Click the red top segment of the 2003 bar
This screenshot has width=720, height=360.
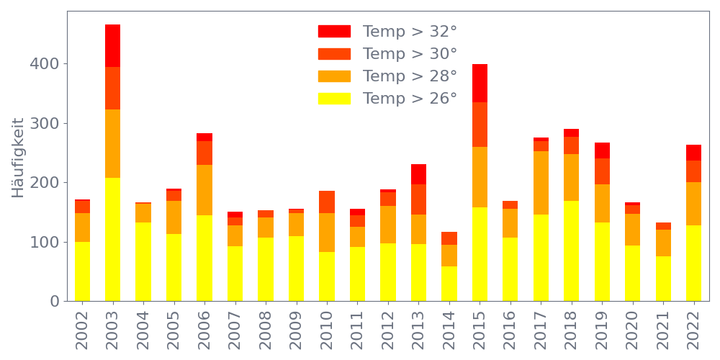pos(112,45)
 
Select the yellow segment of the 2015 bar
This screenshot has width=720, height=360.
pos(480,253)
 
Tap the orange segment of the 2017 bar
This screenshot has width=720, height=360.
pos(541,183)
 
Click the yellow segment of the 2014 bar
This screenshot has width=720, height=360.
pos(449,283)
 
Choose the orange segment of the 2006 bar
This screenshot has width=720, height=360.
pos(204,190)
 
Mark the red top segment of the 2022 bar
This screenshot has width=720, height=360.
pos(693,153)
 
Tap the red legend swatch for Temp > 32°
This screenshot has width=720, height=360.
pos(334,32)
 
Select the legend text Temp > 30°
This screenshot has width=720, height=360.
pos(410,54)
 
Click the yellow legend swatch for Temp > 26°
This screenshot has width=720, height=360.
pos(334,99)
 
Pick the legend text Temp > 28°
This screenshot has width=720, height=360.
pos(410,76)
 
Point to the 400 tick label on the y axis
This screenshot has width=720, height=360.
pos(44,64)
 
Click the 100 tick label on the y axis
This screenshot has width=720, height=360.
pos(44,242)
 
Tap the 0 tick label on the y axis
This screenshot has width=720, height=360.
pos(54,301)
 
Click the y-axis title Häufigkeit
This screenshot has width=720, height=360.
pos(19,158)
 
